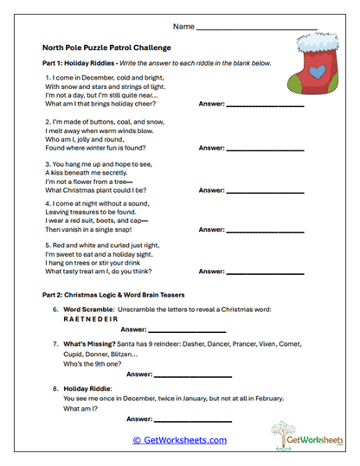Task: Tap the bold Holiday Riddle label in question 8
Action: pyautogui.click(x=88, y=388)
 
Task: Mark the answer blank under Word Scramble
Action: pyautogui.click(x=188, y=330)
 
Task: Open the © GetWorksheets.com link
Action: pyautogui.click(x=179, y=440)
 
